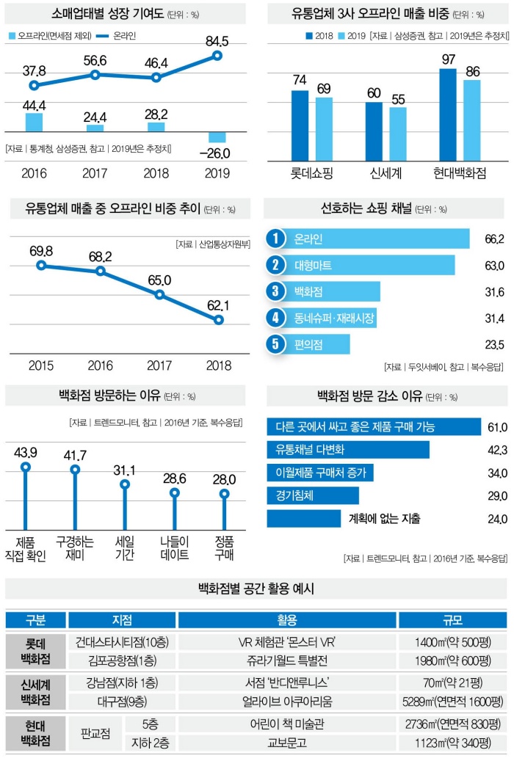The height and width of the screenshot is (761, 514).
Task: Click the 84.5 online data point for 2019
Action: (217, 56)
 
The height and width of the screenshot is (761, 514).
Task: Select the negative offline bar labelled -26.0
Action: (217, 137)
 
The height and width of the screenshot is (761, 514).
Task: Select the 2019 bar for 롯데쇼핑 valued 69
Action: (324, 128)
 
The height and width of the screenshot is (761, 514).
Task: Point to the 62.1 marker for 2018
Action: (219, 320)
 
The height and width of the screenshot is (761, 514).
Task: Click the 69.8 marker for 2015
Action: (41, 264)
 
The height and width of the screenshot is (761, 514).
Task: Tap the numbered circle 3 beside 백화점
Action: (275, 291)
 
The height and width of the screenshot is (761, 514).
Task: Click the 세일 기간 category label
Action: (125, 548)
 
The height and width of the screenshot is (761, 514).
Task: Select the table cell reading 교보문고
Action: (287, 742)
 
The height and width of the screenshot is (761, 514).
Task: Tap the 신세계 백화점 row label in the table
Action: (35, 691)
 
